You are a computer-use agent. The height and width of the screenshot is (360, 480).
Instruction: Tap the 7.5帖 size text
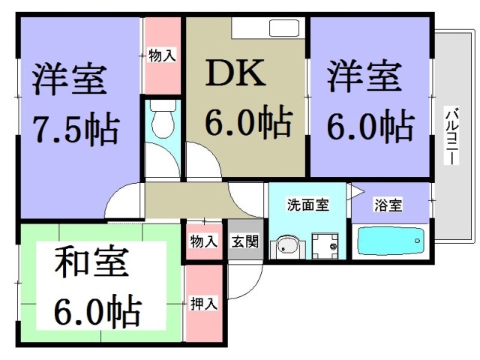pos(75,130)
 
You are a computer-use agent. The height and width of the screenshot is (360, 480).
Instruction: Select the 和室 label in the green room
pos(91,264)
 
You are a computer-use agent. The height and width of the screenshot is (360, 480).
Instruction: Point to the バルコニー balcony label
pos(453,135)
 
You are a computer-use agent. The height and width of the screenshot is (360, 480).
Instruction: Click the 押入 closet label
pos(203,304)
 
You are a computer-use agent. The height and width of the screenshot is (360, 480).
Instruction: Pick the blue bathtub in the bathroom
pos(390,242)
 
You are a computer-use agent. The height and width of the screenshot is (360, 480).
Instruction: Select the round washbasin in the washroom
pos(286,245)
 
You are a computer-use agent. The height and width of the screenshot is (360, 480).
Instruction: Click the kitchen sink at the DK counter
pos(283,29)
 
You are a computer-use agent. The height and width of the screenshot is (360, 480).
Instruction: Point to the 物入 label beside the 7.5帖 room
pos(162,55)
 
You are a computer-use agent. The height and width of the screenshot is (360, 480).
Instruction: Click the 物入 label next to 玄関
pos(203,241)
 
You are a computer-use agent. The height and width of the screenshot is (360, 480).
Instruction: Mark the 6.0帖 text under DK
pos(247,121)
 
